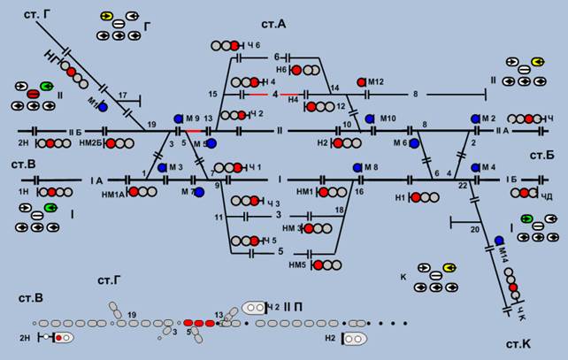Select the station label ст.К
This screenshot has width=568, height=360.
518,343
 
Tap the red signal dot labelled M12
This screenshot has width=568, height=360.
362,82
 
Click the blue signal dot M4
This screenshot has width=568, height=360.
475,166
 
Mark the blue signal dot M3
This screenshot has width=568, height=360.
162,166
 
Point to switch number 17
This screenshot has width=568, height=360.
124,95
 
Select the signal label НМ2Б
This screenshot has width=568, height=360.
91,142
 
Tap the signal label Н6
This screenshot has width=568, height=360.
281,69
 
